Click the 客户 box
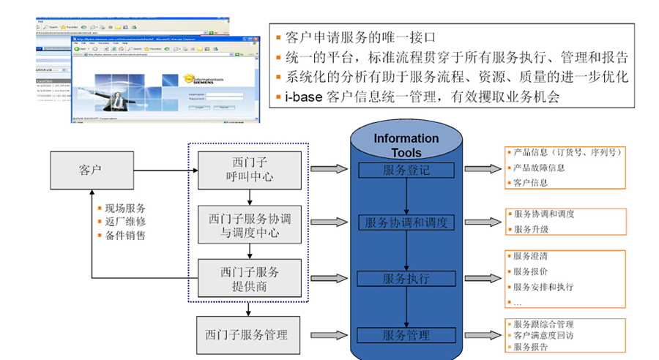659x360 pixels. (92, 169)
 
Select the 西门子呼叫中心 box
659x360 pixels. (250, 169)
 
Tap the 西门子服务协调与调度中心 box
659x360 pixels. (250, 225)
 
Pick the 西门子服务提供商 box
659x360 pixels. (250, 279)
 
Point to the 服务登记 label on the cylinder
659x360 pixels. (406, 170)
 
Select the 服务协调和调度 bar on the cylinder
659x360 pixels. (406, 222)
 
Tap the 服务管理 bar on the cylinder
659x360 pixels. (406, 334)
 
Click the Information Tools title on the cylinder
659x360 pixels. (406, 145)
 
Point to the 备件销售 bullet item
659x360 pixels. (124, 235)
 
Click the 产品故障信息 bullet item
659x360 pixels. (540, 168)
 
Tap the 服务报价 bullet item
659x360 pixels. (532, 271)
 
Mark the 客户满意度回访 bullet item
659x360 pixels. (543, 335)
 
